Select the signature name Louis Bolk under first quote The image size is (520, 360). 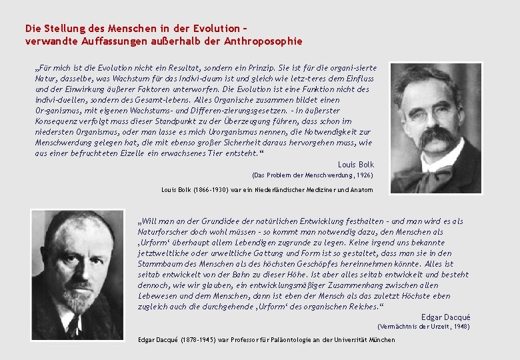[356, 165]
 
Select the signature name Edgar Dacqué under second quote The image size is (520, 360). [445, 317]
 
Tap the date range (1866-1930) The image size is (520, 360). [209, 190]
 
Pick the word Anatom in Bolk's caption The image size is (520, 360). [362, 190]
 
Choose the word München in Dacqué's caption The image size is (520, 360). [380, 340]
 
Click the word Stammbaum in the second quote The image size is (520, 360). [158, 263]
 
